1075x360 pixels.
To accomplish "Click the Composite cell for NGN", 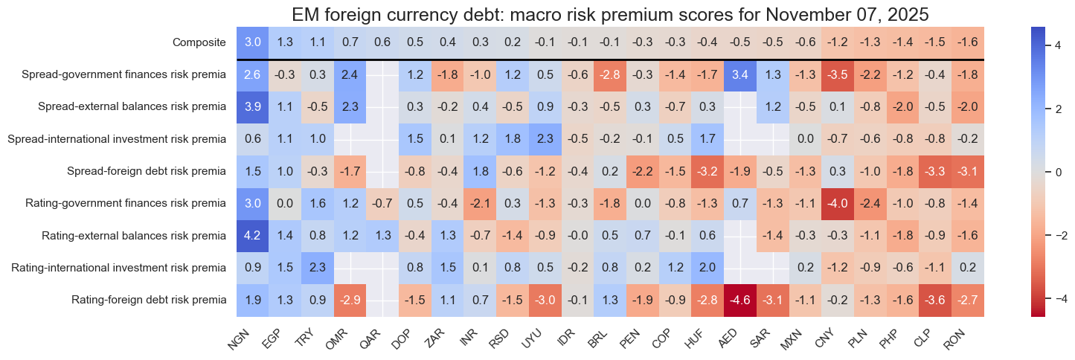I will click(x=254, y=42).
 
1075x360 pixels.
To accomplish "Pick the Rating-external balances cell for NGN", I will click(x=254, y=236).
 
